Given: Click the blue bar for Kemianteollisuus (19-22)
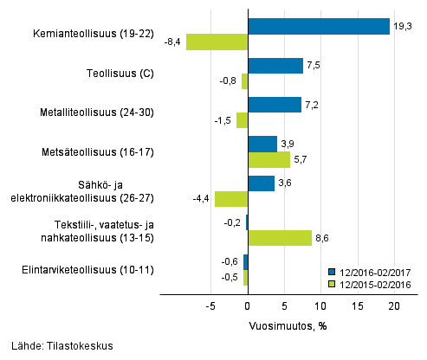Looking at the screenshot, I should [319, 27].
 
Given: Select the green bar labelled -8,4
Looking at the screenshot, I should [217, 42].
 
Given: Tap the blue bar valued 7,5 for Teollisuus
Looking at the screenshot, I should [275, 66].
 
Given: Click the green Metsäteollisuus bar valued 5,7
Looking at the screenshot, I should [268, 159].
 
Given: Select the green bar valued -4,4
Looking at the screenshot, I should [231, 199].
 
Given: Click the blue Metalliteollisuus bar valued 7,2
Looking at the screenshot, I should [275, 105].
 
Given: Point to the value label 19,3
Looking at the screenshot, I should [401, 26].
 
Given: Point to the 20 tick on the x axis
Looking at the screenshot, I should [395, 307].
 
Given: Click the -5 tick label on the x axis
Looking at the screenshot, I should [210, 307].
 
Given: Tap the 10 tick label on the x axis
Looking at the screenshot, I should [321, 307].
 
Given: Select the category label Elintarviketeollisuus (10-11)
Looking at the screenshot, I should [89, 269].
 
